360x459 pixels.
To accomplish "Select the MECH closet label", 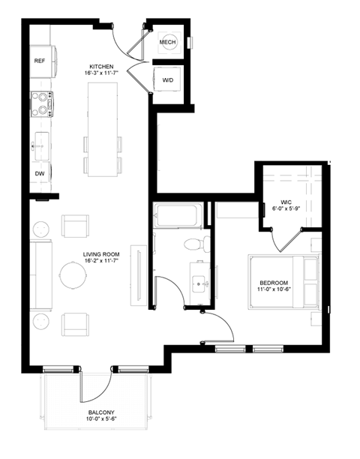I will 168,43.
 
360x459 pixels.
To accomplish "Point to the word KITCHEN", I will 101,66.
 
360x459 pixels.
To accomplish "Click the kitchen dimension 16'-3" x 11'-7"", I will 101,73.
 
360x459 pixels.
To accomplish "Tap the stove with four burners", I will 41,103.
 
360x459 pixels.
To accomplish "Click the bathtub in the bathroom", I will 175,216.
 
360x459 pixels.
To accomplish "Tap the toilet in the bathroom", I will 194,243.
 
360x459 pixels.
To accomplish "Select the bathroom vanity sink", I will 199,282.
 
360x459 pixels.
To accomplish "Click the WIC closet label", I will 286,202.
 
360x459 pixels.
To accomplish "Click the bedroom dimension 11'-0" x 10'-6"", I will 273,290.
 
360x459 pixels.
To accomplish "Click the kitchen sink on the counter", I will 40,141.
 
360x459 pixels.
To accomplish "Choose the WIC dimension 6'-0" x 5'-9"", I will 286,209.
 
